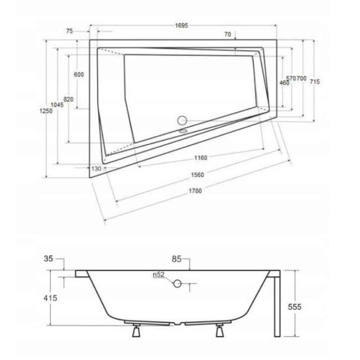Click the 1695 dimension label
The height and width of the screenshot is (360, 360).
(181, 25)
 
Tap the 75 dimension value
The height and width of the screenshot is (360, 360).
(70, 31)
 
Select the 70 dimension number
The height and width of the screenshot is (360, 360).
(228, 34)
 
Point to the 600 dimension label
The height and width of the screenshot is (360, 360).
(79, 75)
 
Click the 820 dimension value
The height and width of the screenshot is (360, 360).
(69, 99)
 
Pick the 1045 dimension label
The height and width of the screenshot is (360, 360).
(57, 105)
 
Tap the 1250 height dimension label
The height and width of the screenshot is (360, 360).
(46, 111)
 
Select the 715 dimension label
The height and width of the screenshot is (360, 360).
(315, 82)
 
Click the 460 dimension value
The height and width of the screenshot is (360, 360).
(284, 83)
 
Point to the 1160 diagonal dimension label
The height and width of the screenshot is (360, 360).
(201, 158)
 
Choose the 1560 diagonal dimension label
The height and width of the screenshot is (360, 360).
(197, 175)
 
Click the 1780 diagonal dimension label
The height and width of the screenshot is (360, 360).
(195, 191)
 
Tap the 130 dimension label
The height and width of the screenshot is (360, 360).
(96, 169)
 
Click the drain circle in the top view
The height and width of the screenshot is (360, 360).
(182, 120)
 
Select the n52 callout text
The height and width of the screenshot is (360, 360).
(159, 274)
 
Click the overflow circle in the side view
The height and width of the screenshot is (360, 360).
(177, 284)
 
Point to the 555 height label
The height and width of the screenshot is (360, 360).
(294, 307)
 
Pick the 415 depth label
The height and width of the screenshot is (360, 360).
(50, 298)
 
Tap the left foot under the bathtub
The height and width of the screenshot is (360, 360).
(136, 330)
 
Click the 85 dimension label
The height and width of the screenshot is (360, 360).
(177, 259)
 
